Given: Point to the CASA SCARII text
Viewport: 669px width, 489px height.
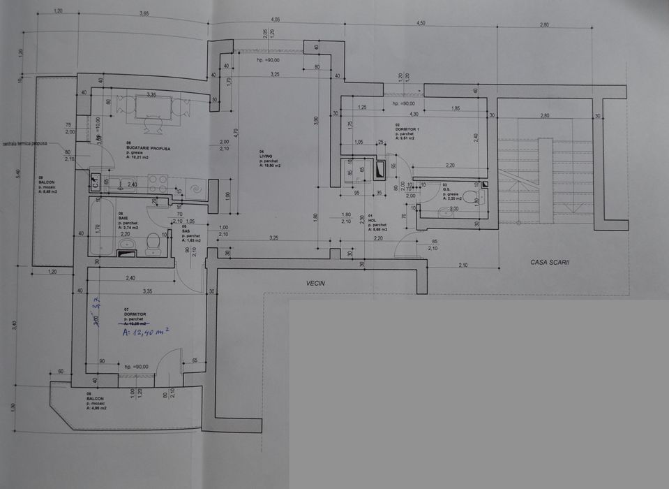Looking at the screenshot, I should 550,262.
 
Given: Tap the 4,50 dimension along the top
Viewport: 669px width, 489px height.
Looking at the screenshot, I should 421,23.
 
